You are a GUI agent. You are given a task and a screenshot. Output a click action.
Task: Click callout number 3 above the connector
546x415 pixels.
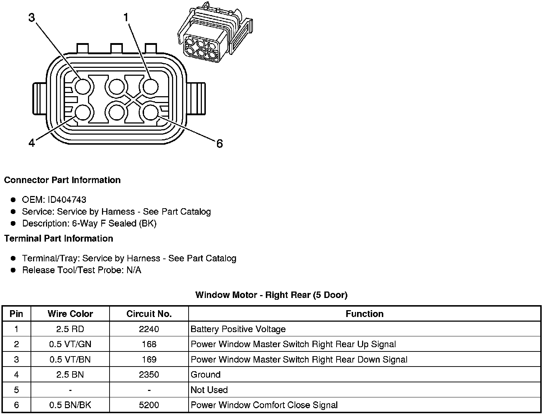(32, 18)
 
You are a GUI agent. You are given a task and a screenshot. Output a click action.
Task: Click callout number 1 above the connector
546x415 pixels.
(126, 17)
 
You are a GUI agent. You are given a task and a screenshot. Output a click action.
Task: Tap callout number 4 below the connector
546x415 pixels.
(32, 143)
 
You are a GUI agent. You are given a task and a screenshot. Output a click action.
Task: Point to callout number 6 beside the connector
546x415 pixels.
(219, 144)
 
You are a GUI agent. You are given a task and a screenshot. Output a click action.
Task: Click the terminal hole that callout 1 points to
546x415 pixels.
(151, 87)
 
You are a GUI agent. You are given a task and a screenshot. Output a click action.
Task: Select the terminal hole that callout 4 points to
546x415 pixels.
(83, 113)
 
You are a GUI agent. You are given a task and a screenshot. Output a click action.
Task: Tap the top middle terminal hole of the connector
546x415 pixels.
(116, 87)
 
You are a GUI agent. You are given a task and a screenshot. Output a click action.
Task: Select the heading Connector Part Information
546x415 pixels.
(62, 180)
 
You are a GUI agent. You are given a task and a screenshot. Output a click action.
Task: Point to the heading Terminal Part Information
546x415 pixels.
(59, 238)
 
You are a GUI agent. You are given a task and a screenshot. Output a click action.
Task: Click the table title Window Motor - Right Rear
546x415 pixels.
(271, 295)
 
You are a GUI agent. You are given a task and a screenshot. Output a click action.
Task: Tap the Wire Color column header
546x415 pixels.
(70, 314)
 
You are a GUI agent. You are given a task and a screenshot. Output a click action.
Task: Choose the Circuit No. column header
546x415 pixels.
(149, 314)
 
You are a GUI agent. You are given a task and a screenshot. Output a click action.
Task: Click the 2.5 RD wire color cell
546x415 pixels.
(70, 329)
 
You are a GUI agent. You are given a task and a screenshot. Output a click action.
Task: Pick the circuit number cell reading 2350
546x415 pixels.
(149, 375)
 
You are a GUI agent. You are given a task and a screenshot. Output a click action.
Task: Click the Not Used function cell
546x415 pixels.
(209, 390)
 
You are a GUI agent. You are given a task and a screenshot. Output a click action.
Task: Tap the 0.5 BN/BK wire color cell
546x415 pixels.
(70, 405)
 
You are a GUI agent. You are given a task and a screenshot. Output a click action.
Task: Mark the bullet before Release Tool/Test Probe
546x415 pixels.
(13, 270)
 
